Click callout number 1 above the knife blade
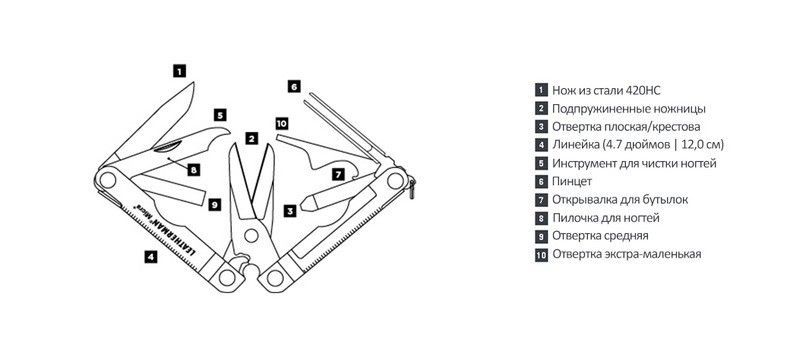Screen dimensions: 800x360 (179, 71)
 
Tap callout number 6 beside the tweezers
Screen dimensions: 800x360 (293, 87)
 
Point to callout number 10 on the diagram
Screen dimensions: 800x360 (282, 123)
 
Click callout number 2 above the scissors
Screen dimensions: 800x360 (251, 138)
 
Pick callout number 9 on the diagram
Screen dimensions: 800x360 (215, 205)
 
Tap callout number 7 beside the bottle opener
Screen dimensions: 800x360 (338, 174)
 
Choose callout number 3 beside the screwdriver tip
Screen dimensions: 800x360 (290, 210)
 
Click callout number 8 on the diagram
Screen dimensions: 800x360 (193, 170)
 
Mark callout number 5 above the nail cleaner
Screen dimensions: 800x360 (220, 115)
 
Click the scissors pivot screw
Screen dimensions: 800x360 (251, 235)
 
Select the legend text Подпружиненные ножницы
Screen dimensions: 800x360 (629, 109)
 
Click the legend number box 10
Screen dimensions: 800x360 (541, 254)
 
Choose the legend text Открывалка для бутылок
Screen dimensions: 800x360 (620, 199)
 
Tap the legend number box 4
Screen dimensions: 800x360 (541, 145)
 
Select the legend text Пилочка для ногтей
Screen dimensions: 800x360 (606, 218)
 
